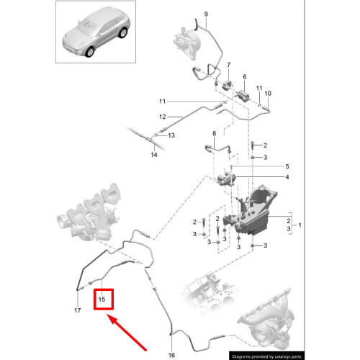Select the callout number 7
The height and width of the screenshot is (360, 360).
point(229,65)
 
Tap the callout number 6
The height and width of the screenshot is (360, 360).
point(245,76)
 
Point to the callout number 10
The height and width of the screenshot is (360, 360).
point(269,94)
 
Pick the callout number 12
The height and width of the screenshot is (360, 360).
point(163,117)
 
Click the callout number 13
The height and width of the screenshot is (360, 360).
point(171,135)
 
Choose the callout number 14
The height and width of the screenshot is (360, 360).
point(153,155)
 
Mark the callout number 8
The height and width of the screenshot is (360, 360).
point(214,135)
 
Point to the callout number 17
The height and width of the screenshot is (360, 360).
point(77,310)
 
